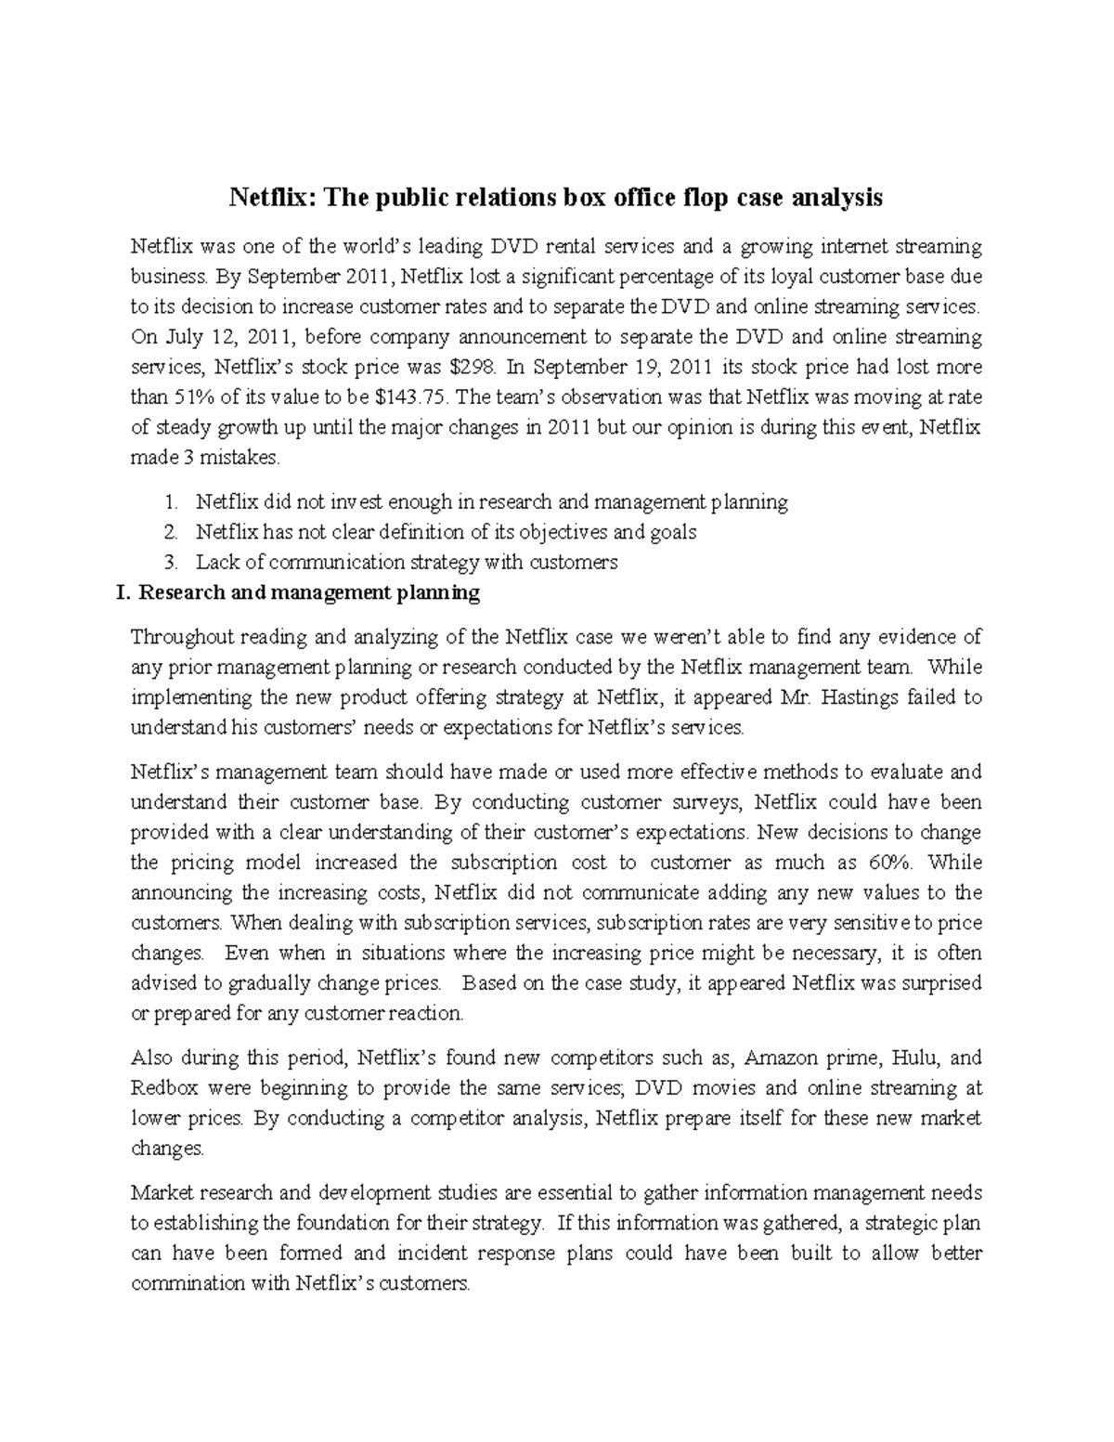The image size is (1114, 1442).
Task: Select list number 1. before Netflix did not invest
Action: click(170, 502)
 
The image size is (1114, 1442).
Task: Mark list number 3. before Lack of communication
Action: click(170, 562)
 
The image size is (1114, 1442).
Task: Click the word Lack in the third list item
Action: click(215, 562)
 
